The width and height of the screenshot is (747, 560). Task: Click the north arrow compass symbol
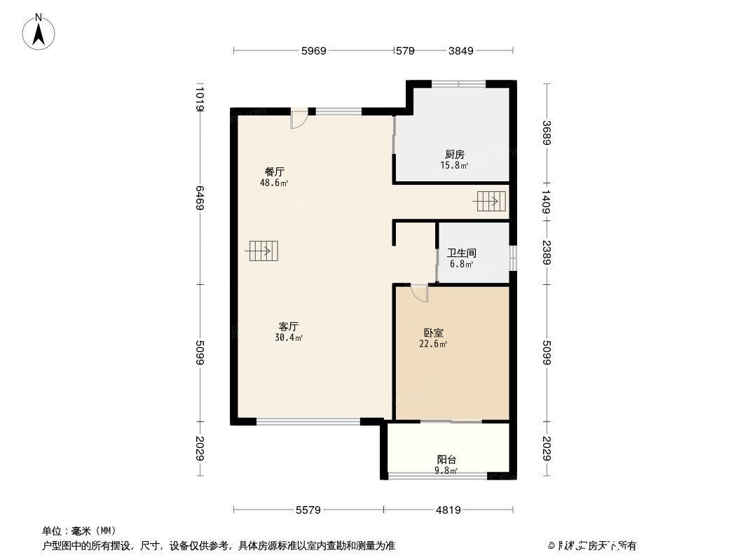pyautogui.click(x=40, y=31)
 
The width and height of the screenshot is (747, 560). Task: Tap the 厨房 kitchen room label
pyautogui.click(x=454, y=154)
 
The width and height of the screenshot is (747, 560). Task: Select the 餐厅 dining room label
pyautogui.click(x=274, y=171)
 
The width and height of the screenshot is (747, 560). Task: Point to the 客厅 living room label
pyautogui.click(x=289, y=326)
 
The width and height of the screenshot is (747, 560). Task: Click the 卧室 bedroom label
pyautogui.click(x=433, y=333)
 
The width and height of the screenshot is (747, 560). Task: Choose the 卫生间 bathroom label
pyautogui.click(x=462, y=253)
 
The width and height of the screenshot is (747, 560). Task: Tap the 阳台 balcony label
pyautogui.click(x=447, y=460)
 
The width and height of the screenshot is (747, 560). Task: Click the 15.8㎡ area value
pyautogui.click(x=454, y=166)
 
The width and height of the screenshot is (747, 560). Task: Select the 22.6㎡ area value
pyautogui.click(x=433, y=344)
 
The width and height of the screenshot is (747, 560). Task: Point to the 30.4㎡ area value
pyautogui.click(x=289, y=337)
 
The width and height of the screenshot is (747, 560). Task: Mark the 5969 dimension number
pyautogui.click(x=314, y=50)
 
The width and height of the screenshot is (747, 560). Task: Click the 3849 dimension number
pyautogui.click(x=461, y=50)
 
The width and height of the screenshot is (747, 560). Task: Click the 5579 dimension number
pyautogui.click(x=308, y=510)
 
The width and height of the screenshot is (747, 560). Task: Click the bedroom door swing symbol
pyautogui.click(x=419, y=293)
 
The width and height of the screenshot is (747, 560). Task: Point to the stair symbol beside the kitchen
pyautogui.click(x=491, y=202)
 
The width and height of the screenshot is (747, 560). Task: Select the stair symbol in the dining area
pyautogui.click(x=263, y=250)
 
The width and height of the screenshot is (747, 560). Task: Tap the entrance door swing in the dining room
pyautogui.click(x=299, y=120)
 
